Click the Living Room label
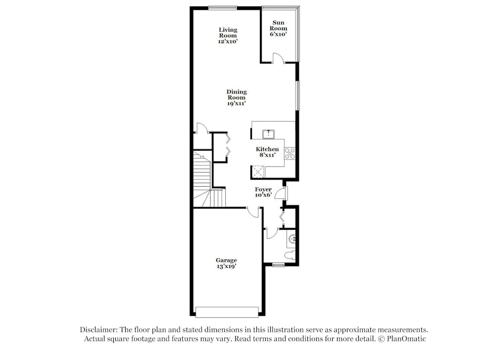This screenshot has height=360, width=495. (x=228, y=35)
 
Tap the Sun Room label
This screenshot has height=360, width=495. (x=278, y=28)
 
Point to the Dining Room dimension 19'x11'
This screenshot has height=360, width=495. (x=236, y=103)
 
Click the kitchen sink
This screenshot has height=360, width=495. (x=268, y=134)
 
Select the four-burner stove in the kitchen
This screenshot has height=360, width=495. (x=290, y=154)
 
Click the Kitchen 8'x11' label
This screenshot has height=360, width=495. (x=267, y=152)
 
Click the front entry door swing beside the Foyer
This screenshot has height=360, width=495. (x=280, y=193)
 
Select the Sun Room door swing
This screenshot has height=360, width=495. (x=278, y=57)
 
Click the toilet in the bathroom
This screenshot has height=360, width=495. (x=290, y=255)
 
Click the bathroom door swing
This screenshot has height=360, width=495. (x=271, y=233)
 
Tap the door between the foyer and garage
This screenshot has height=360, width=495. (x=253, y=212)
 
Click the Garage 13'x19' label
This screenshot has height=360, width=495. (x=226, y=263)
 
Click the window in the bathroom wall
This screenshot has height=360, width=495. (x=278, y=264)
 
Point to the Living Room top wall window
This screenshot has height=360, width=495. (x=223, y=8)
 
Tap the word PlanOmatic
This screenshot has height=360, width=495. (x=406, y=339)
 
